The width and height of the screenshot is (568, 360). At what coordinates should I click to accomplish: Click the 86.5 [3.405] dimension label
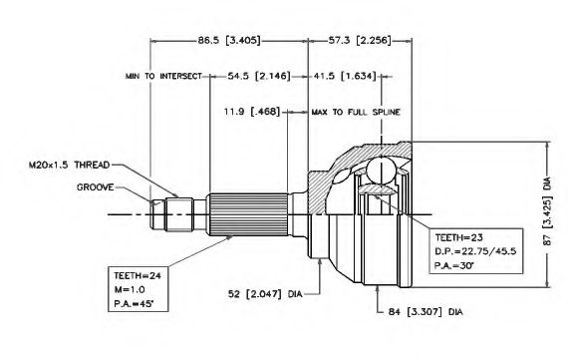[229, 40]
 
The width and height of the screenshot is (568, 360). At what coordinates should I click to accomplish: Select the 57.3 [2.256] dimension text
[360, 40]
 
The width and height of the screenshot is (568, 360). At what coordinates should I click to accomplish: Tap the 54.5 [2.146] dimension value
[259, 76]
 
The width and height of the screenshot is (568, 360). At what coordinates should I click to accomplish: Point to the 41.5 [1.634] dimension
[345, 76]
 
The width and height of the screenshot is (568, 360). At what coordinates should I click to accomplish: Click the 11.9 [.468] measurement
[252, 112]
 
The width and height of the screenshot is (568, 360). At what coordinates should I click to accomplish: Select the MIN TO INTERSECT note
[163, 76]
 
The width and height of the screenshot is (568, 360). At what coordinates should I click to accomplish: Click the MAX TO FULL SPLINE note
[356, 112]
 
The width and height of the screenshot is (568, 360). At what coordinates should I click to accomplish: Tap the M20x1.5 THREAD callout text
[69, 165]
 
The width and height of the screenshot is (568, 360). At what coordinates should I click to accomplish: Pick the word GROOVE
[96, 187]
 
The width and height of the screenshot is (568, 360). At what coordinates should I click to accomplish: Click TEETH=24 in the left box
[138, 276]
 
